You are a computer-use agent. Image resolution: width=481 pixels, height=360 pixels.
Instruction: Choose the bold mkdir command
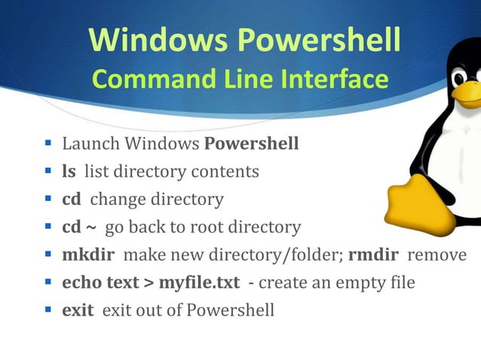(88, 255)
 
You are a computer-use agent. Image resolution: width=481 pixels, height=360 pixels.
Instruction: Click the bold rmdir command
(375, 255)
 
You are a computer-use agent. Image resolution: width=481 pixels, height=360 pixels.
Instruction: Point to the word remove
(437, 255)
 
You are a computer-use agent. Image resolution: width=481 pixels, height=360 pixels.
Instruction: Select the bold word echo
(79, 283)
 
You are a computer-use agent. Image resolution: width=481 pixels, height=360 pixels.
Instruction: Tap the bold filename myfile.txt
(199, 283)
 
